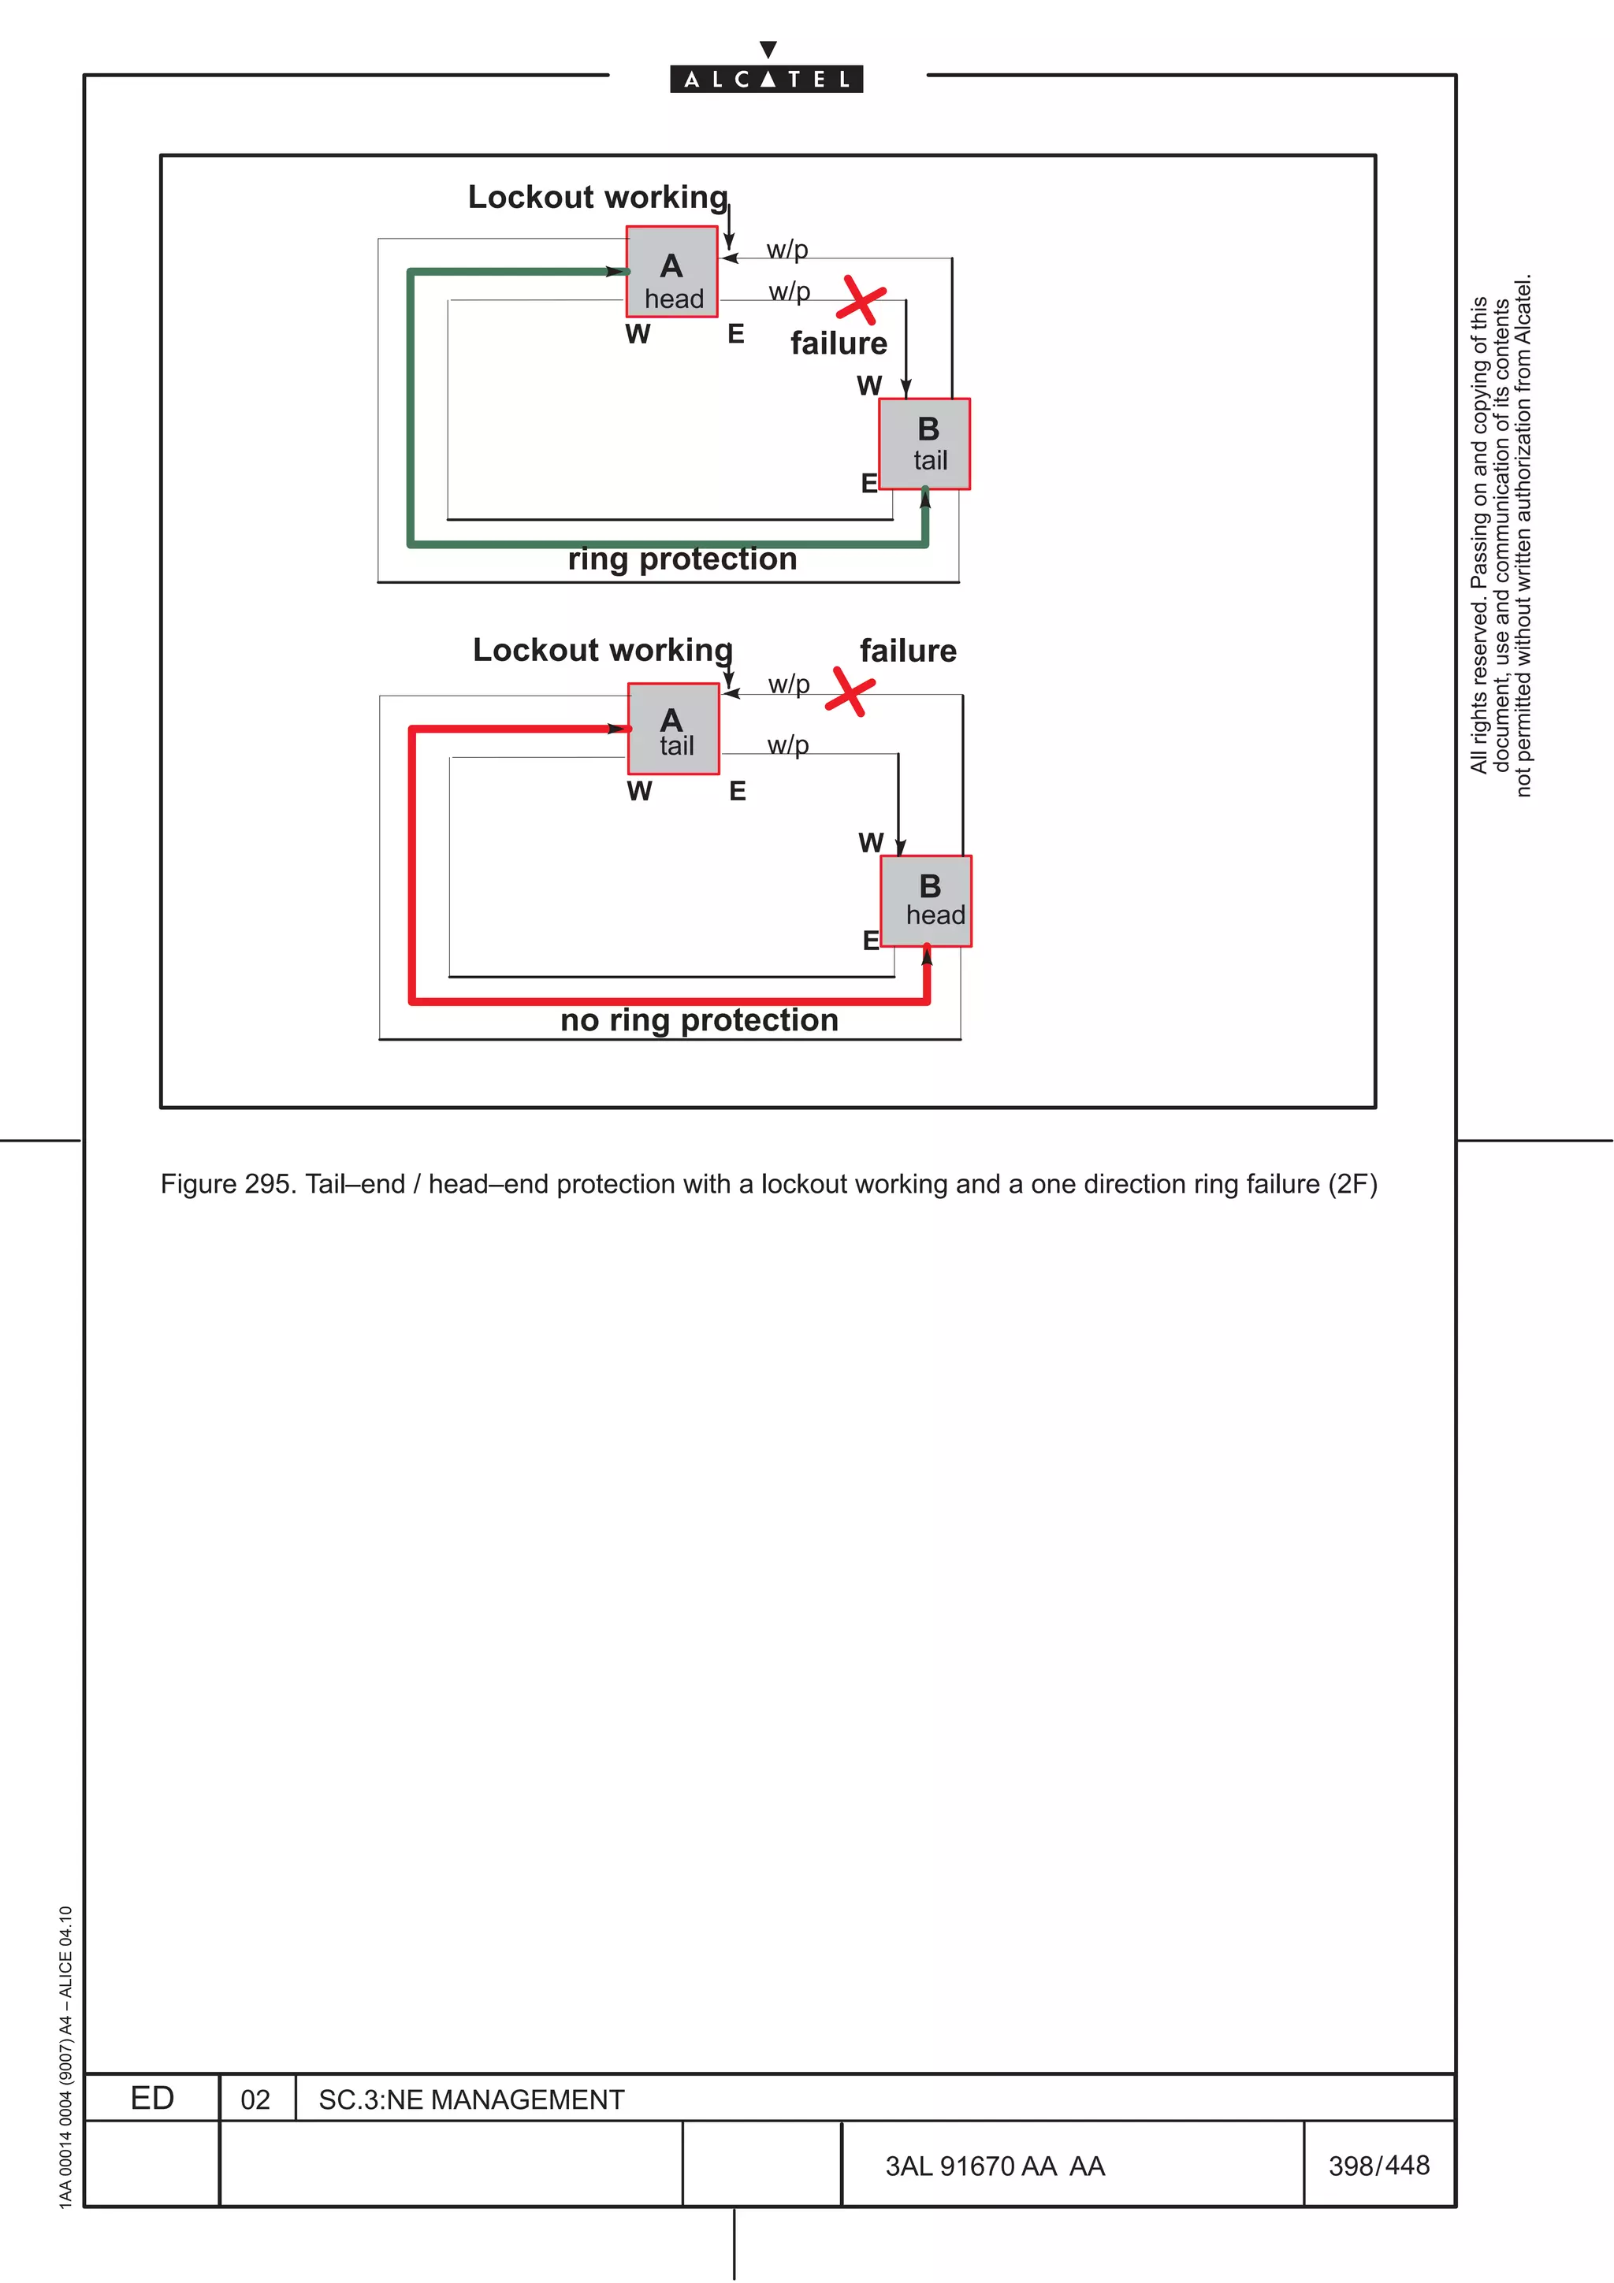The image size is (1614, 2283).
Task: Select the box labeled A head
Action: pyautogui.click(x=671, y=272)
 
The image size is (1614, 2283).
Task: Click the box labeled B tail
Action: pyautogui.click(x=925, y=444)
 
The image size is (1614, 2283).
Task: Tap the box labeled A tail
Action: pyautogui.click(x=673, y=729)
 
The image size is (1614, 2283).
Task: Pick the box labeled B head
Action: pyautogui.click(x=926, y=901)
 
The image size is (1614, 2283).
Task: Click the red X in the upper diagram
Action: pyautogui.click(x=861, y=299)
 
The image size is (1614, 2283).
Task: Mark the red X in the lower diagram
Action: pyautogui.click(x=850, y=691)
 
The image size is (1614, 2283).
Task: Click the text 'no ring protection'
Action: pyautogui.click(x=699, y=1020)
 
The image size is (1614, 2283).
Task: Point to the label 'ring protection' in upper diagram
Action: pyautogui.click(x=682, y=559)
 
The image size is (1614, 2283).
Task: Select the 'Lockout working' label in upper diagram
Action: pyautogui.click(x=597, y=197)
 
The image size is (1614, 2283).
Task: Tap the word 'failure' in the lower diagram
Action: pyautogui.click(x=908, y=651)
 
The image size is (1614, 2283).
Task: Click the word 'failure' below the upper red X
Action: pyautogui.click(x=839, y=343)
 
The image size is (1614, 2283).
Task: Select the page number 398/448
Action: pyautogui.click(x=1378, y=2166)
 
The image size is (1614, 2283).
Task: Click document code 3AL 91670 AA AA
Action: pyautogui.click(x=995, y=2166)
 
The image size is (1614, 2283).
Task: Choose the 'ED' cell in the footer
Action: pyautogui.click(x=152, y=2099)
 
